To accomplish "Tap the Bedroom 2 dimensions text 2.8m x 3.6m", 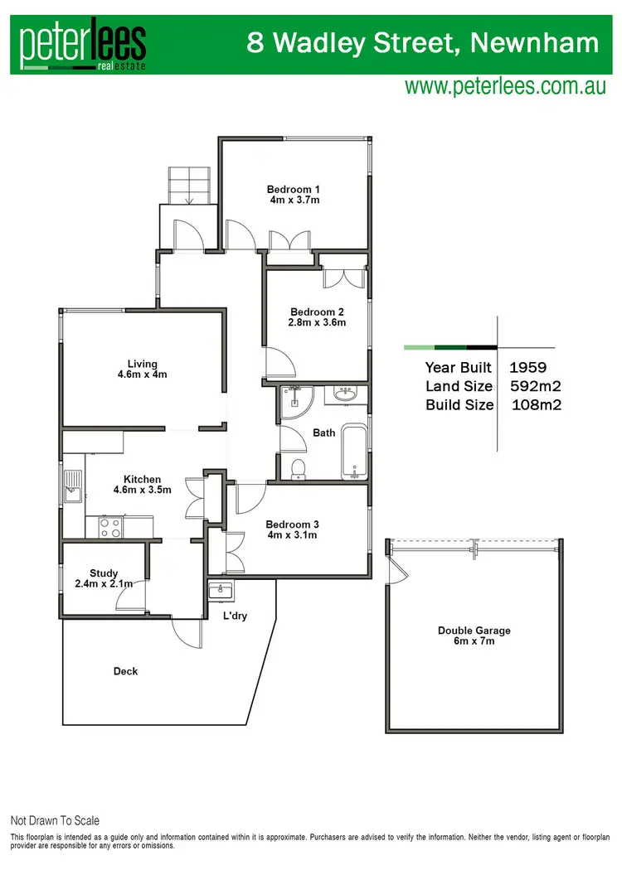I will tap(317, 322).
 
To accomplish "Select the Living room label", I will tap(142, 363).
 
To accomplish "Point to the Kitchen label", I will tap(142, 479).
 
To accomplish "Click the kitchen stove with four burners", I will tap(111, 527).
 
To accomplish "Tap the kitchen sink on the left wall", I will tap(73, 487).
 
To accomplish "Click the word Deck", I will tap(125, 671).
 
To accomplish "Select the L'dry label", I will tap(236, 616).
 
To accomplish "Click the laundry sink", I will tap(221, 590).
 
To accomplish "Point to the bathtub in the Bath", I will tap(354, 452).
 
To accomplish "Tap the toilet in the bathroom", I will tap(299, 469).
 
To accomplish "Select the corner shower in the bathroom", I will tap(292, 402).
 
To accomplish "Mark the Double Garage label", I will tap(474, 631).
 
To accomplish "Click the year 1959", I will tap(528, 367).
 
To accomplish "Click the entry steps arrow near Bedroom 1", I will tap(189, 197).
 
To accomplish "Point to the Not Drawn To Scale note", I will tap(55, 820).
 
